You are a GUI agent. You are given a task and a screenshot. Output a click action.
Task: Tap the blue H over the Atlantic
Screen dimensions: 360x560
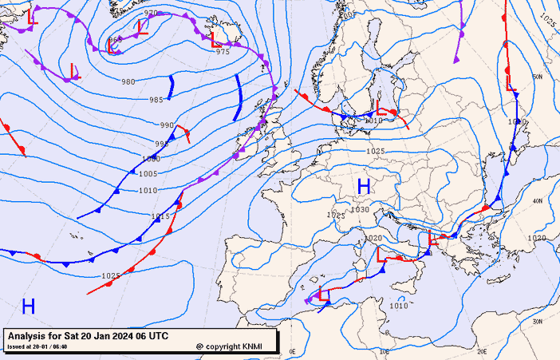pyautogui.click(x=29, y=306)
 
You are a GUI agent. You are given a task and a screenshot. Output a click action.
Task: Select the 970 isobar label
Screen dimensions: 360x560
pyautogui.click(x=150, y=14)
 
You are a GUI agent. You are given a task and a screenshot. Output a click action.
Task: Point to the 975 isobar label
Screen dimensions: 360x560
pyautogui.click(x=223, y=51)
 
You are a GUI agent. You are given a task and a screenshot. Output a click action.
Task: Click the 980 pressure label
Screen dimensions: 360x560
pyautogui.click(x=128, y=82)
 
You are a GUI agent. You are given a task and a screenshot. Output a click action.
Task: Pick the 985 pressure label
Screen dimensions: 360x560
pyautogui.click(x=156, y=100)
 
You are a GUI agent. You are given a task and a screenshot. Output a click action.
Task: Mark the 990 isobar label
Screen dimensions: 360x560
pyautogui.click(x=166, y=125)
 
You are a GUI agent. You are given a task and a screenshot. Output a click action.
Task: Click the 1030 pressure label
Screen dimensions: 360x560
pyautogui.click(x=360, y=210)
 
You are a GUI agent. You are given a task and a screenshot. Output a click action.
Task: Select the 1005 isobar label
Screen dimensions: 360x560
pyautogui.click(x=148, y=174)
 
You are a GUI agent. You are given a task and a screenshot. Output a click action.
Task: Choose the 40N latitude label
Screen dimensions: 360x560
pyautogui.click(x=538, y=201)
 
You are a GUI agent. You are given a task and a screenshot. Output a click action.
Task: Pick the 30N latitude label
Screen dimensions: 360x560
pyautogui.click(x=538, y=322)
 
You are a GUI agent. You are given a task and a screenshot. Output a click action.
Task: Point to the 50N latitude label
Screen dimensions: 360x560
pyautogui.click(x=538, y=77)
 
